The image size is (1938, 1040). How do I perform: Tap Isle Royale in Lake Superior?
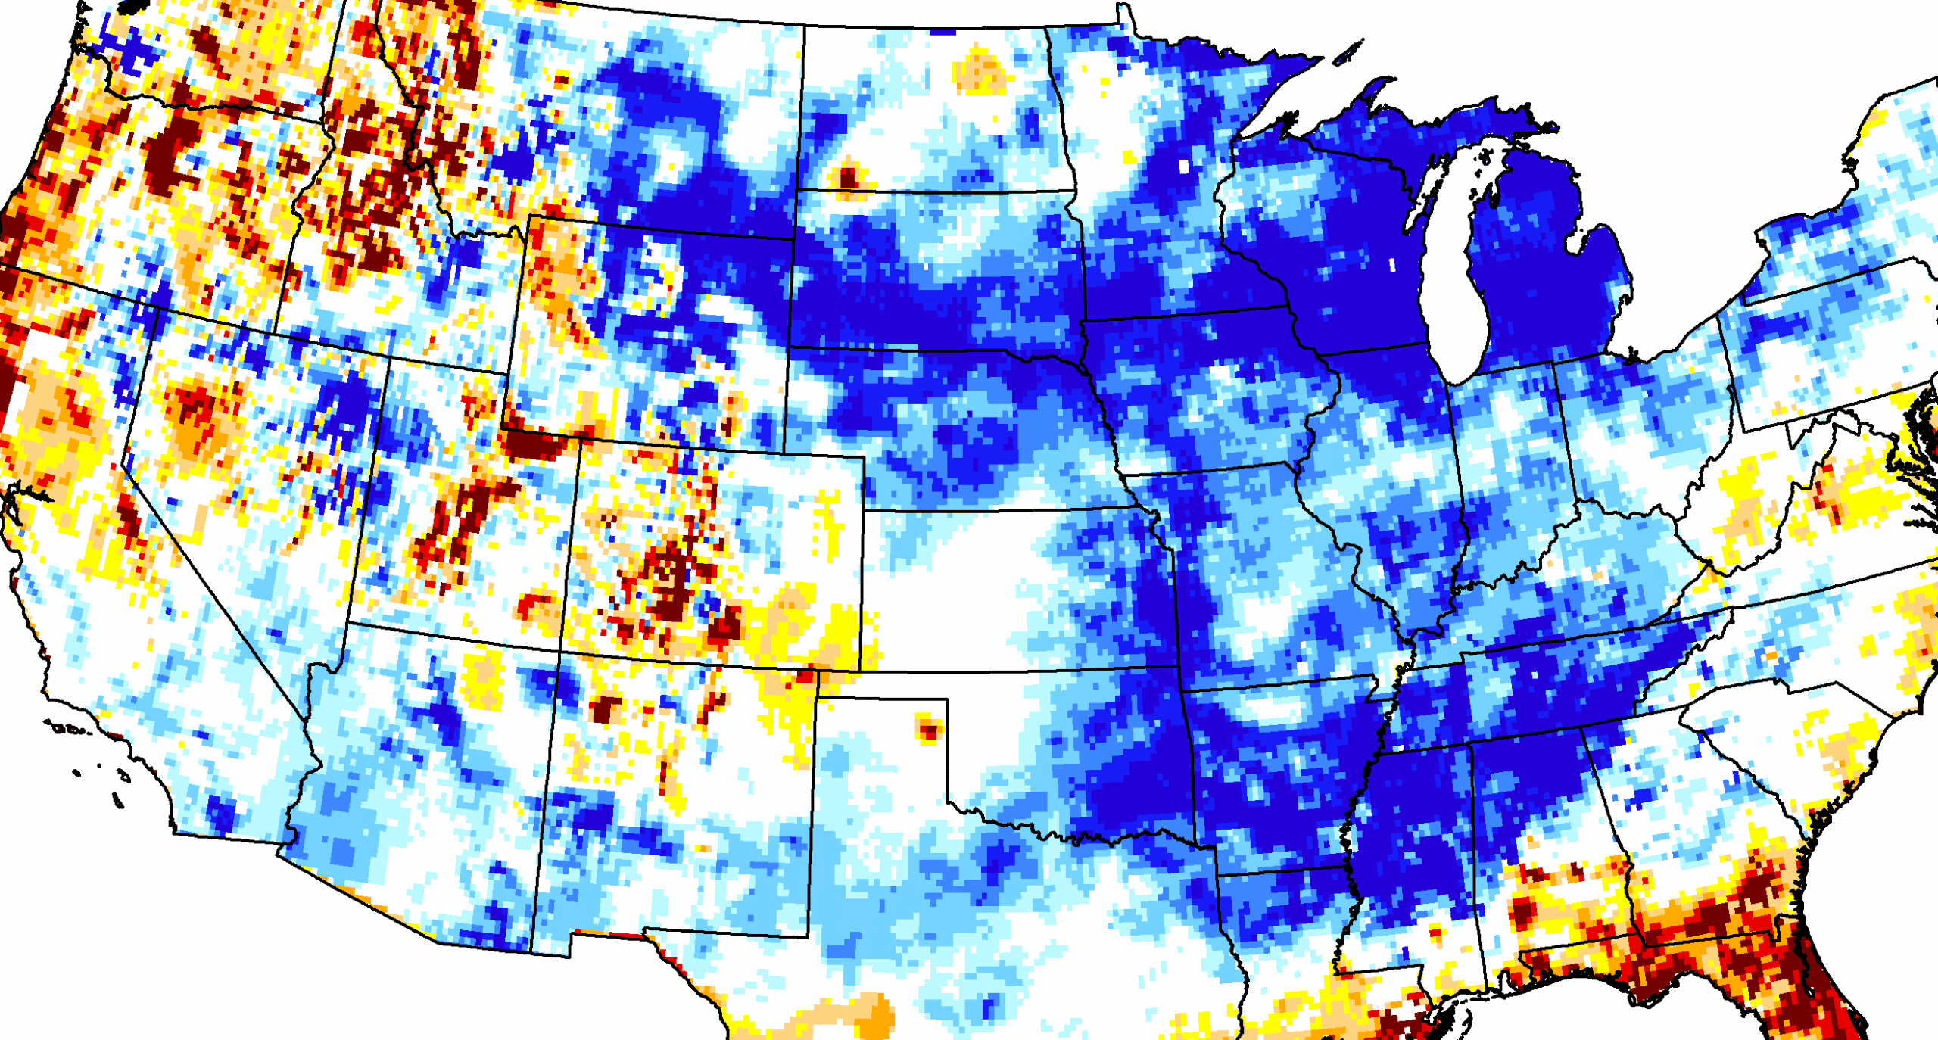click(x=1348, y=54)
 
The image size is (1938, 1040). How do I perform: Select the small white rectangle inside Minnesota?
click(x=1184, y=167)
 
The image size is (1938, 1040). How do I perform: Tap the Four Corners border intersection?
click(x=560, y=651)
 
